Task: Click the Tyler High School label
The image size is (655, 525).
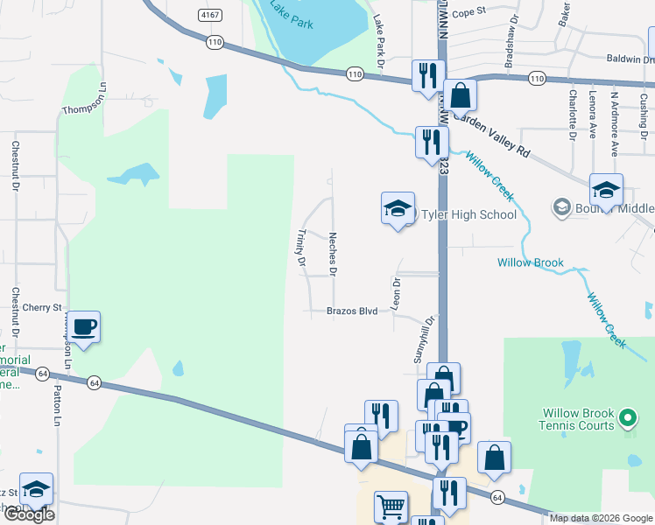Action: click(x=468, y=214)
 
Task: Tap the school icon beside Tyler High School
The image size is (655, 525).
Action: click(x=398, y=208)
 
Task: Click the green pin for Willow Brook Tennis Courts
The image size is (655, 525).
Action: click(x=626, y=419)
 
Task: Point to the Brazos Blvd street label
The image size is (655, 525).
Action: click(x=351, y=311)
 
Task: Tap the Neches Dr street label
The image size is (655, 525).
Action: click(x=333, y=253)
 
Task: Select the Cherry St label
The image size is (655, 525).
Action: click(x=42, y=308)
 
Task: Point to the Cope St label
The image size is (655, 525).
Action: click(x=468, y=12)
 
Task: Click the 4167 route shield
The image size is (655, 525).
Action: click(x=209, y=15)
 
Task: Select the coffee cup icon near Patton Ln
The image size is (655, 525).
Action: click(x=84, y=327)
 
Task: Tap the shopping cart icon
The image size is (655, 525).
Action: click(x=391, y=506)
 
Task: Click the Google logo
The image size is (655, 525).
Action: click(x=29, y=514)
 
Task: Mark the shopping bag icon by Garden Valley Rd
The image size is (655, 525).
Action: click(x=460, y=95)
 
